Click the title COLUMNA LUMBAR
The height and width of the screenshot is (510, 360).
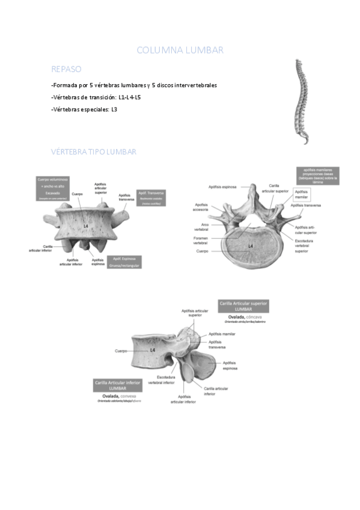[180, 50]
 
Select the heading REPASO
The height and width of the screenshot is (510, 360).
[66, 69]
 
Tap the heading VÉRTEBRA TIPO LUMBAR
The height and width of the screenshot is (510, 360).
[94, 152]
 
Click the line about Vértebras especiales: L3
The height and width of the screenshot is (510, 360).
[84, 109]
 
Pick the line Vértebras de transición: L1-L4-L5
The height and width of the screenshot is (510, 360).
[96, 97]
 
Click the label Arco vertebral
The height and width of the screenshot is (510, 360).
[201, 226]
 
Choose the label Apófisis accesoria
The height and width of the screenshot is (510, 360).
[201, 207]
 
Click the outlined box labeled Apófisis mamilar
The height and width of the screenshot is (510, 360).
[301, 194]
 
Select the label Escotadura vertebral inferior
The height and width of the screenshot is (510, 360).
[161, 379]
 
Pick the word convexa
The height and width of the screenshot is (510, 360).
[128, 396]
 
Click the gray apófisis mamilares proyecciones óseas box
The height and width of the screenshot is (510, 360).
[317, 174]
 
